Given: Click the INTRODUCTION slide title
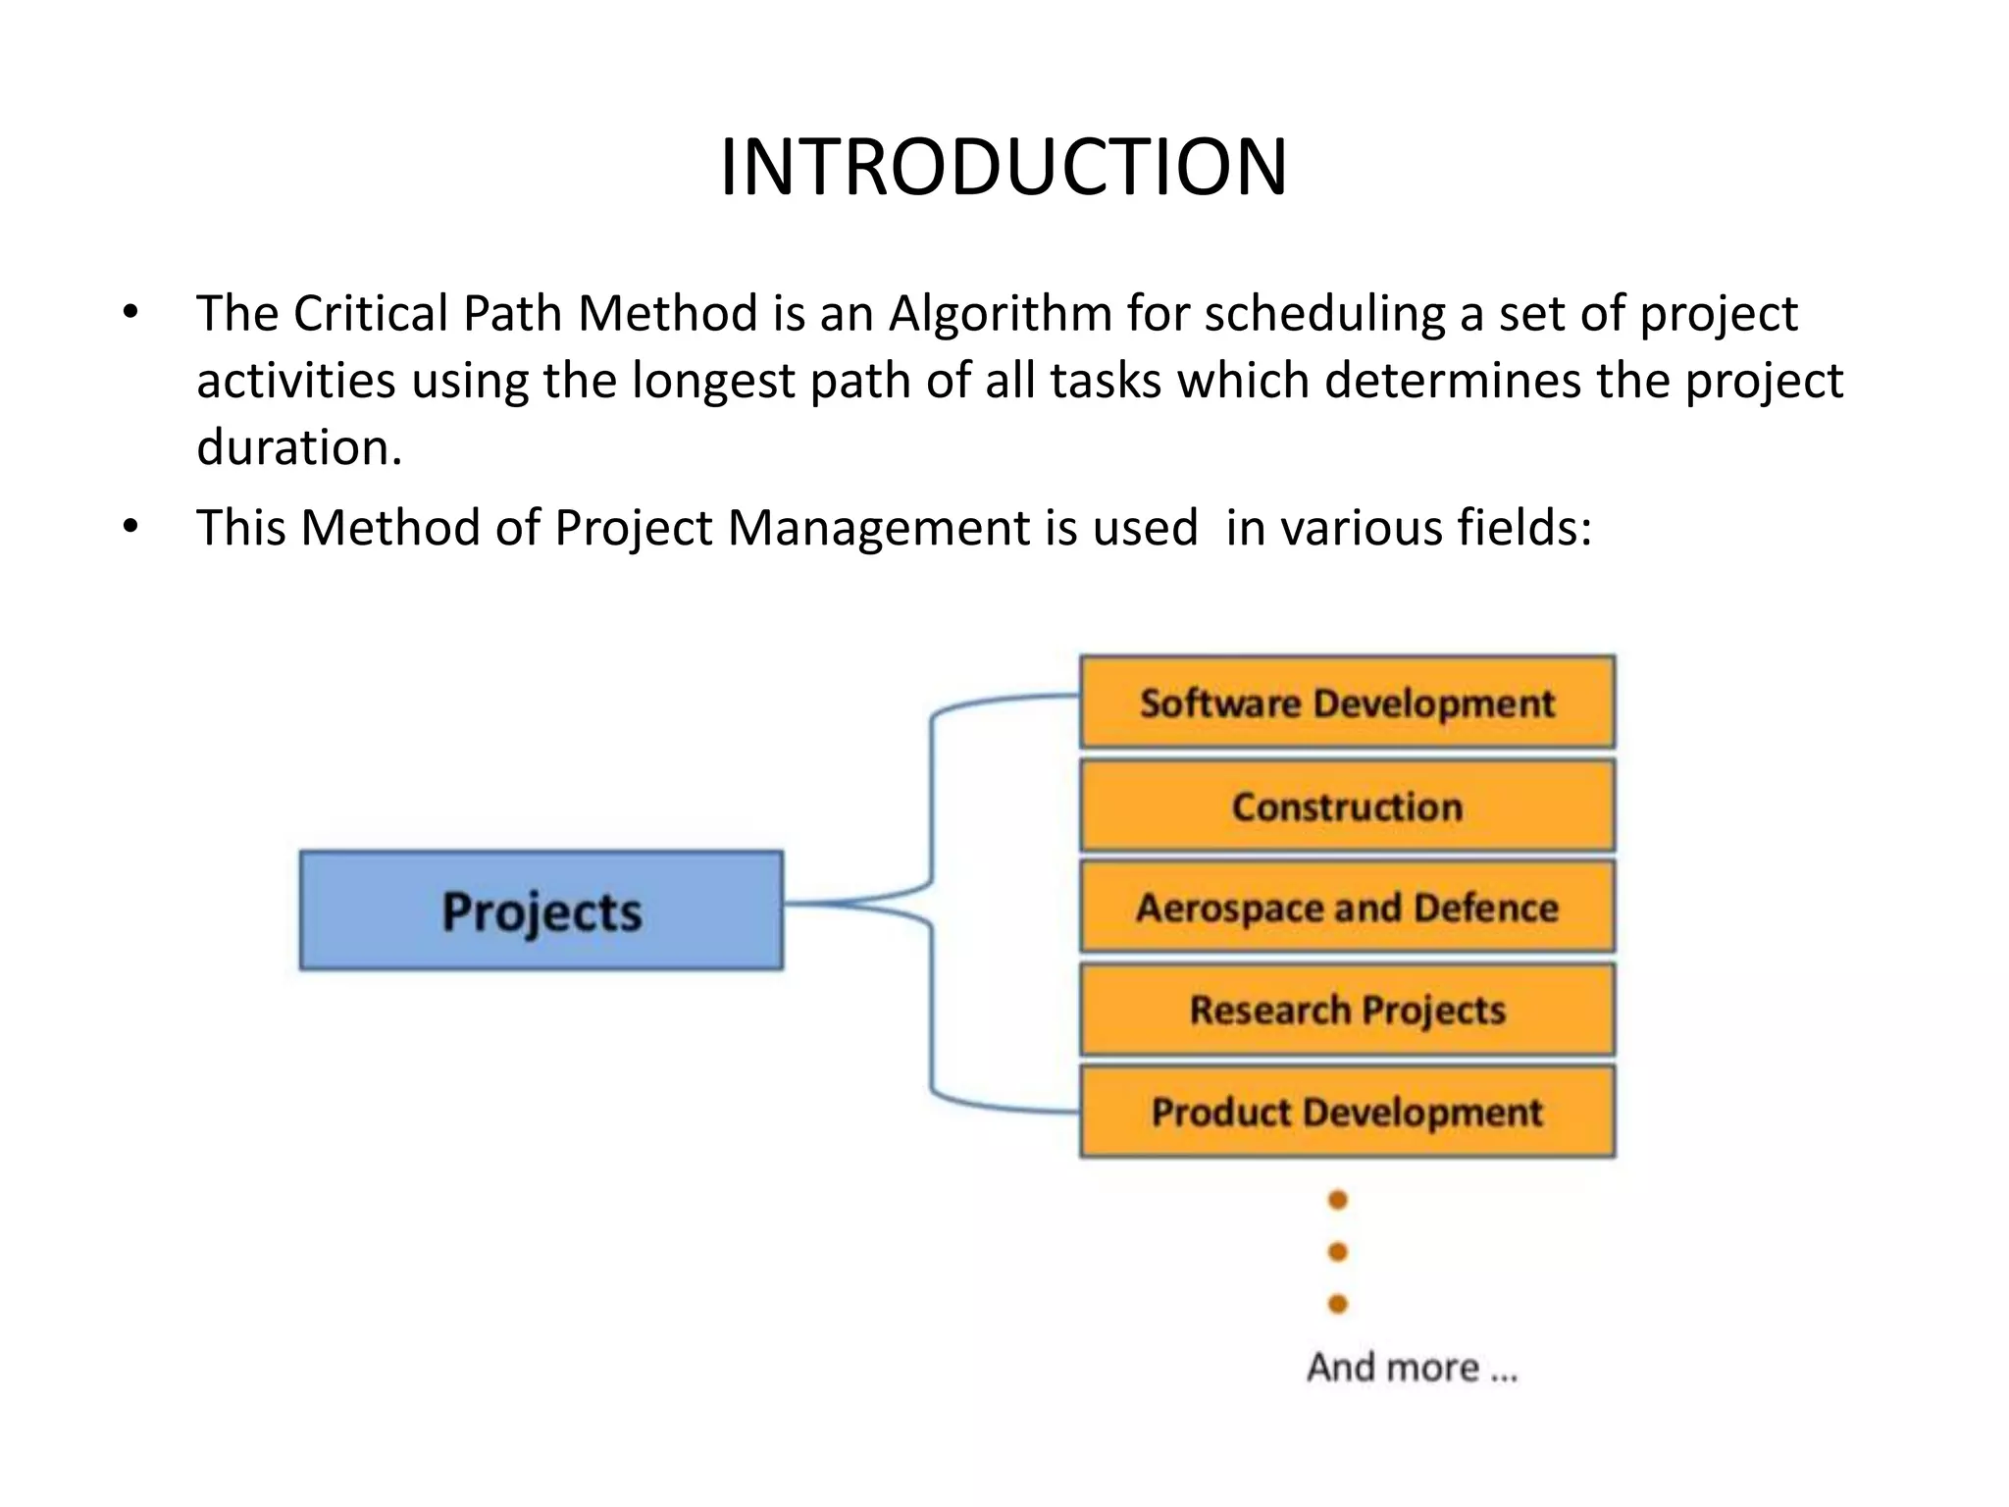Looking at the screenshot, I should [x=1004, y=167].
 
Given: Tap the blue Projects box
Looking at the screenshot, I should [x=541, y=910].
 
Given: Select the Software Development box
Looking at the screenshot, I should [x=1347, y=702].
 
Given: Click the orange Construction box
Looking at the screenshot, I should [x=1347, y=806].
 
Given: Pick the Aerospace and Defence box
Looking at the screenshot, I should [x=1347, y=908].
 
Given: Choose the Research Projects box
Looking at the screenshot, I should [x=1347, y=1010].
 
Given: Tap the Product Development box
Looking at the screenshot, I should [x=1347, y=1112].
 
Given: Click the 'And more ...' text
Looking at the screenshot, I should [x=1412, y=1367].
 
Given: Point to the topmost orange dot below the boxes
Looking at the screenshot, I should [x=1337, y=1200].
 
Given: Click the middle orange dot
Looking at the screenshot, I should [x=1337, y=1252].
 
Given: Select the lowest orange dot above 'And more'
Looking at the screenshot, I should [x=1337, y=1304].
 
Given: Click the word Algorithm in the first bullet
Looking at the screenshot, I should [x=1000, y=315].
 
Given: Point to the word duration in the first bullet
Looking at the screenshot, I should [x=298, y=447].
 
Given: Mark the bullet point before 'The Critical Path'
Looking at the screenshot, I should [x=130, y=314].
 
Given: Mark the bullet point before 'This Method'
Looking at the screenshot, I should [x=130, y=528].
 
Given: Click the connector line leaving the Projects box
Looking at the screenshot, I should [x=844, y=903].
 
